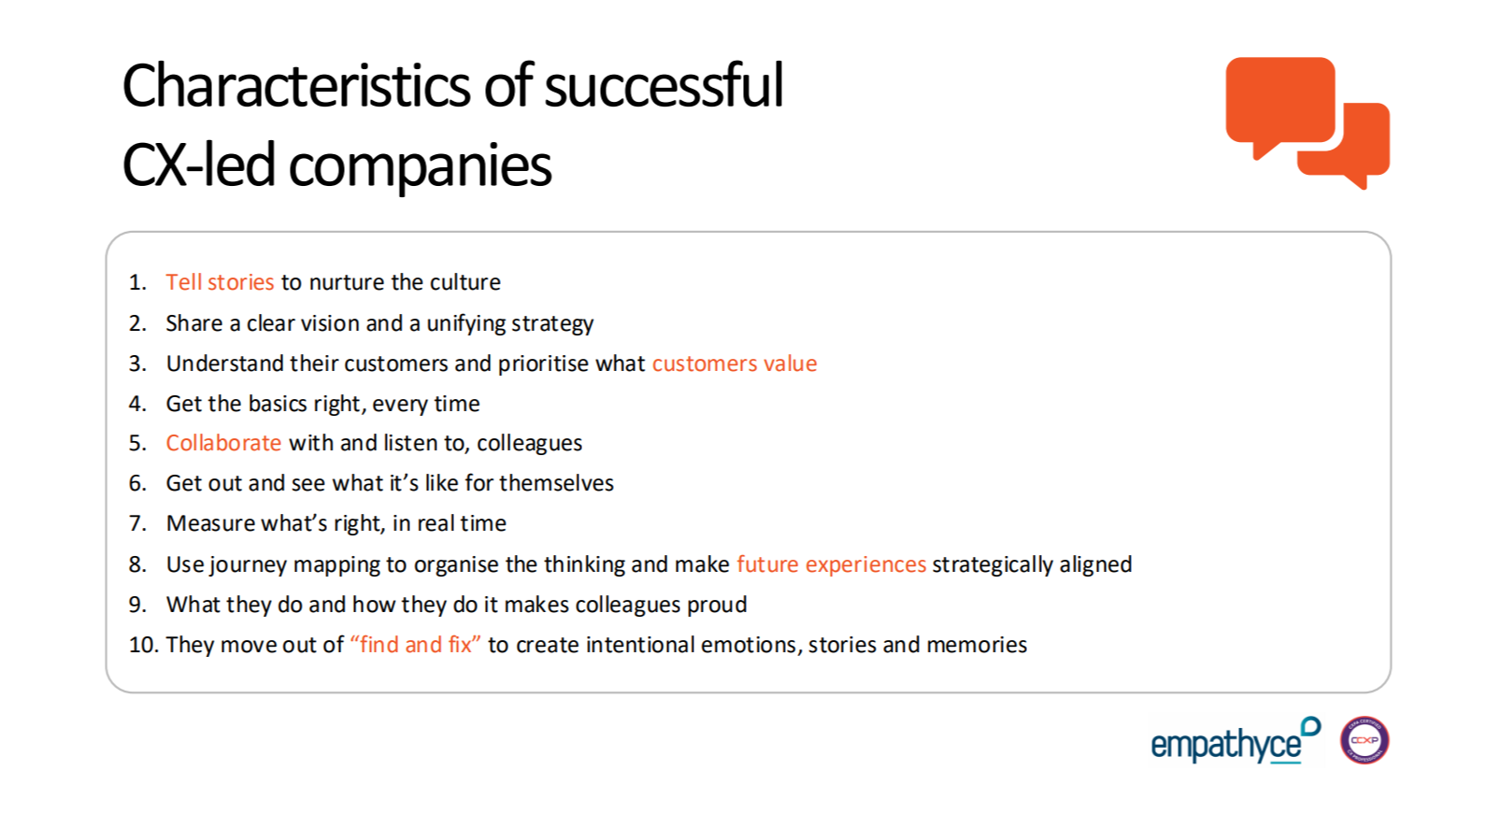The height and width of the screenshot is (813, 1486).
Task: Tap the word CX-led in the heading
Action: [198, 164]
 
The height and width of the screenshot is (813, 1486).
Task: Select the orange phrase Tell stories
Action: [220, 282]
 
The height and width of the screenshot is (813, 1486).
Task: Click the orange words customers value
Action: [735, 364]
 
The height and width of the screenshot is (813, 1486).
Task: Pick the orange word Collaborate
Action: [223, 443]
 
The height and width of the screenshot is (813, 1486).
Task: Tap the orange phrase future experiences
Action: [831, 564]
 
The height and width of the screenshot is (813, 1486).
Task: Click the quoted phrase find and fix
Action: [415, 645]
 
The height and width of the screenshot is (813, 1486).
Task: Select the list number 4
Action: [137, 404]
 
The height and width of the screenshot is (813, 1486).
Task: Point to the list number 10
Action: [143, 645]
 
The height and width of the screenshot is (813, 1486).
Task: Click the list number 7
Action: [137, 524]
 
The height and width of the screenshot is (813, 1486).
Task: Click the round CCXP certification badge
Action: [1365, 740]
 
